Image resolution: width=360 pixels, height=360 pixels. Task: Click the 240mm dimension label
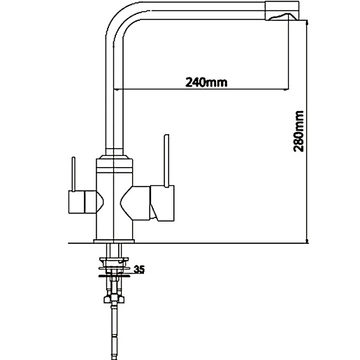(206, 82)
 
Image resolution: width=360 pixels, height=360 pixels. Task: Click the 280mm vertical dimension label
(298, 131)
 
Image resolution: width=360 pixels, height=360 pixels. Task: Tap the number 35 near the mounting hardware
(139, 270)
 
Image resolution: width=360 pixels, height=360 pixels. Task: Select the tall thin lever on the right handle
(166, 161)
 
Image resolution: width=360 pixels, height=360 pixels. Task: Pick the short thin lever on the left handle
(73, 174)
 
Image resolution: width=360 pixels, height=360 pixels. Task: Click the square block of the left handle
(76, 202)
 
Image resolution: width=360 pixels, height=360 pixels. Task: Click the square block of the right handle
(162, 203)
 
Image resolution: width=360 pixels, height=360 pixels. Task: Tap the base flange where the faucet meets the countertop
(114, 241)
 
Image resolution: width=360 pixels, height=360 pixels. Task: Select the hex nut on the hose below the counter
(114, 299)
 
